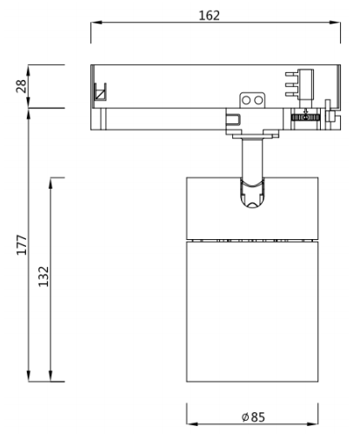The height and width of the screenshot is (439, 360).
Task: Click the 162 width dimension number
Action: click(x=209, y=16)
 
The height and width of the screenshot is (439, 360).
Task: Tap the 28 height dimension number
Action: click(x=21, y=86)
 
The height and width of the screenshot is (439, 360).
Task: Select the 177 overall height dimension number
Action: click(x=22, y=245)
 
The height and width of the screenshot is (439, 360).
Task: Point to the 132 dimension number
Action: click(x=43, y=276)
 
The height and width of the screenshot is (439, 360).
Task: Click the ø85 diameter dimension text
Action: click(x=253, y=417)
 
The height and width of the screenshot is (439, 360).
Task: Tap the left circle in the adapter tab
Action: click(x=246, y=101)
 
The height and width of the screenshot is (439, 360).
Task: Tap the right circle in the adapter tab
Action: click(x=258, y=101)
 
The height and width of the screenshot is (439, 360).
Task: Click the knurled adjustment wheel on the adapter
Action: click(x=305, y=117)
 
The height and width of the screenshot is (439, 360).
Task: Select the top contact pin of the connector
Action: click(x=291, y=75)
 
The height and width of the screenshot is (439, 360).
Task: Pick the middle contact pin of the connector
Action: click(x=291, y=84)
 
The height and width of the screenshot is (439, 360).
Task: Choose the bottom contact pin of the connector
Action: click(x=291, y=95)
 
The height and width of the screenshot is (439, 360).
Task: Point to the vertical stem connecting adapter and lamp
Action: click(x=252, y=158)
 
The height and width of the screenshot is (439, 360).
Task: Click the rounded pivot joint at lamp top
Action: click(x=252, y=193)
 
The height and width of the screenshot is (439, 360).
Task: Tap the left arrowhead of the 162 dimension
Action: click(x=97, y=23)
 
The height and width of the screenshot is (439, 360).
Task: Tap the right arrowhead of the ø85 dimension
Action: click(x=312, y=424)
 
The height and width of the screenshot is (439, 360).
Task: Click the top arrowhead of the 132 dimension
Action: click(x=50, y=183)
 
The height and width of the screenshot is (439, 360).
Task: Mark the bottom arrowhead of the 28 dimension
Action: click(x=29, y=103)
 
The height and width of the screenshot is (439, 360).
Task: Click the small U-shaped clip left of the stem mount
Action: click(x=234, y=120)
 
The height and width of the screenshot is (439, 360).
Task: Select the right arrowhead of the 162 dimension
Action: click(x=335, y=23)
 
